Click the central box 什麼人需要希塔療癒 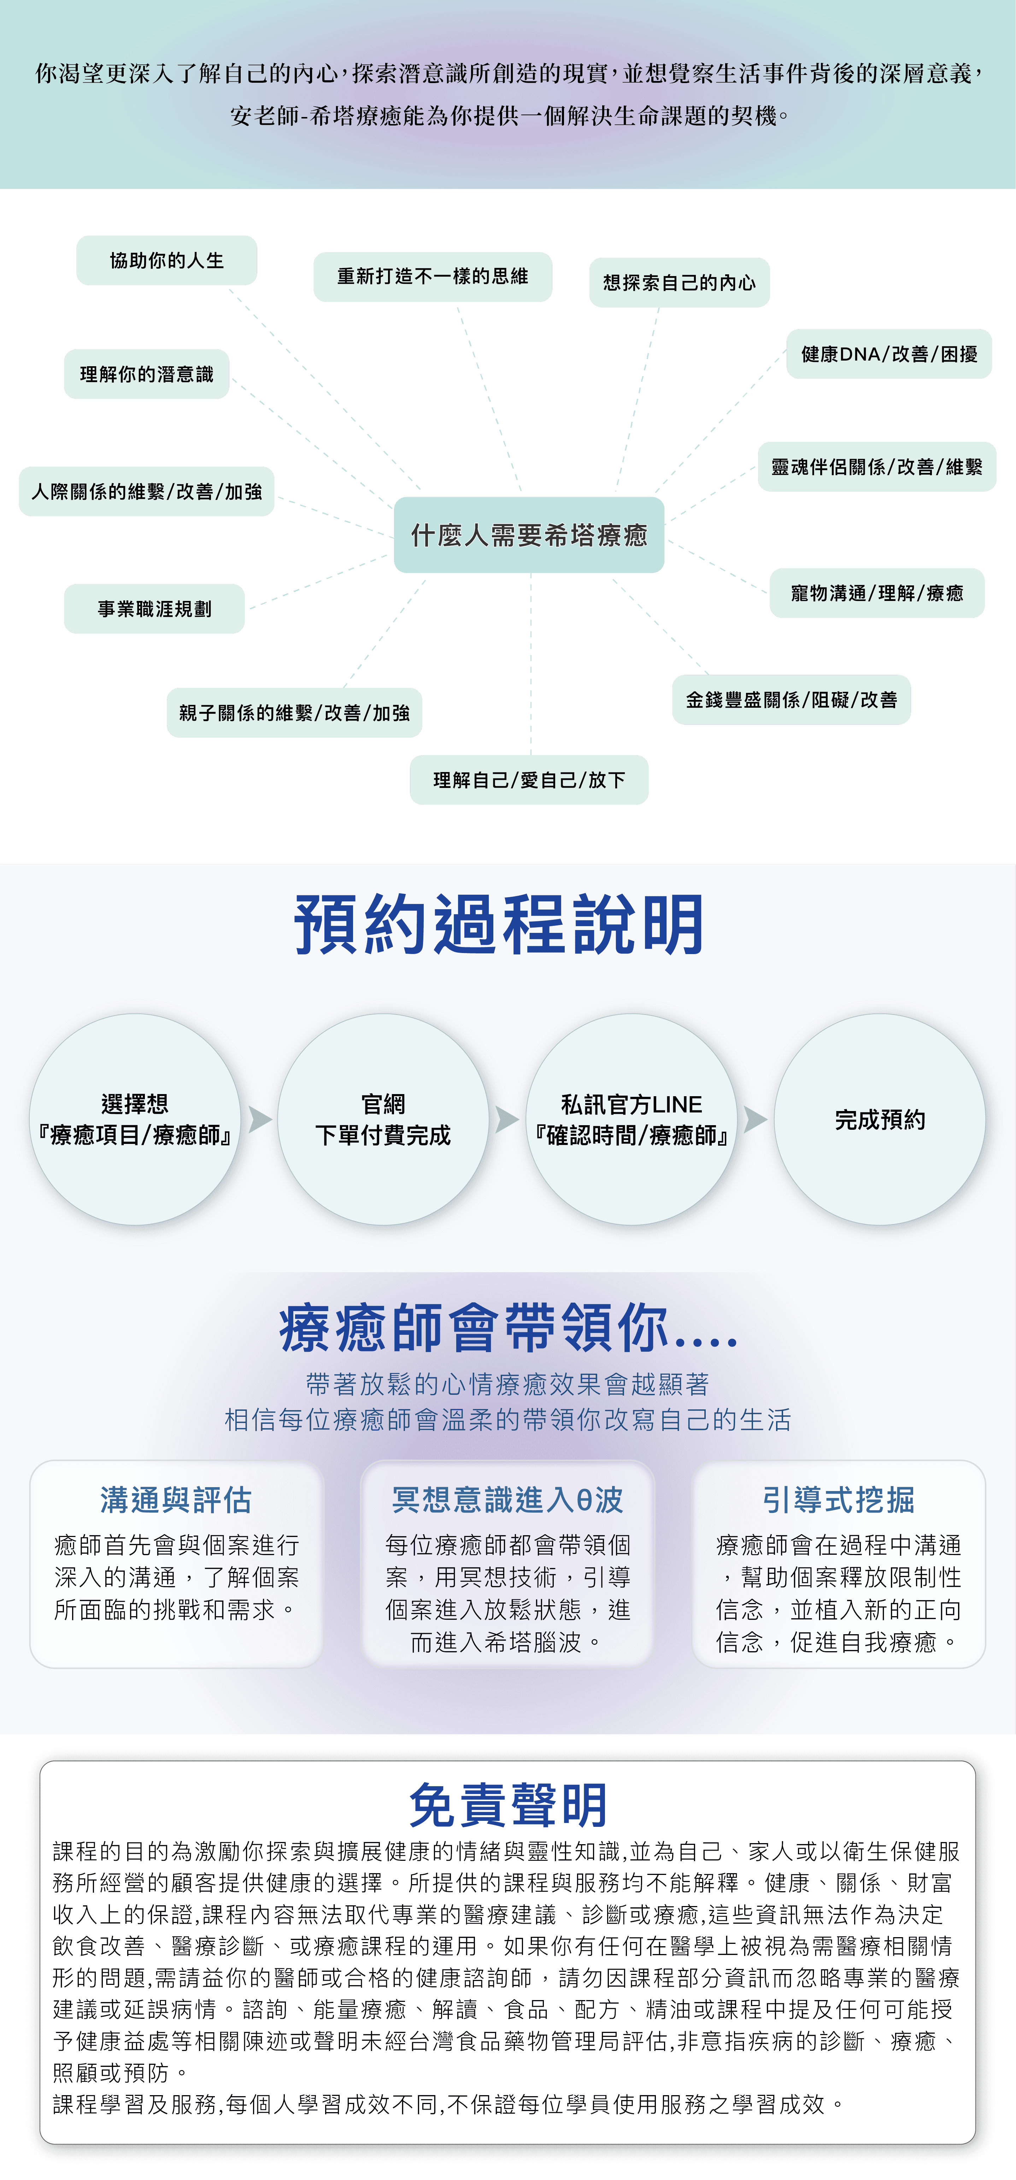(x=529, y=535)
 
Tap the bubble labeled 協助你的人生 (x=167, y=261)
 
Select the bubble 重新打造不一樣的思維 (x=432, y=277)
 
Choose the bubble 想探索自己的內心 (x=679, y=283)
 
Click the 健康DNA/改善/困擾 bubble (x=889, y=354)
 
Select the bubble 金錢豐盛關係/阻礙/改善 (x=791, y=700)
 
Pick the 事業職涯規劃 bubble (x=154, y=608)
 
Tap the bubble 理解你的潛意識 (x=146, y=374)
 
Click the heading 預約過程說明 (x=499, y=925)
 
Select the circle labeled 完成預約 (x=880, y=1120)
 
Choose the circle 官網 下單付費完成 (x=383, y=1120)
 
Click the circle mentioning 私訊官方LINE (x=631, y=1120)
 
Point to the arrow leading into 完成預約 (x=756, y=1120)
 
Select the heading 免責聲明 (x=507, y=1805)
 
